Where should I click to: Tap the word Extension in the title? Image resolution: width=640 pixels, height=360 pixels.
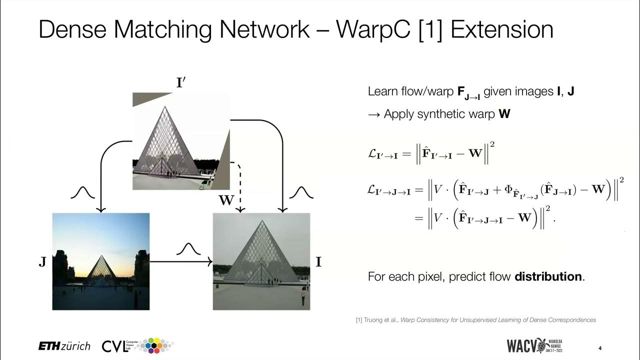click(501, 29)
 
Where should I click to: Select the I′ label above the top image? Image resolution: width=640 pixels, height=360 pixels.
click(181, 83)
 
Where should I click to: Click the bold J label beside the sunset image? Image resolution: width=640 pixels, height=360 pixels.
click(42, 262)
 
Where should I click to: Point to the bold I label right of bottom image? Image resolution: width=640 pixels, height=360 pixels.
click(318, 262)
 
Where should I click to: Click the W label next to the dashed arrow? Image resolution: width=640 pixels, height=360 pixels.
click(226, 201)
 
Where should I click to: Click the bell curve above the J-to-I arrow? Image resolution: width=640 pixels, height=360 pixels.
click(188, 248)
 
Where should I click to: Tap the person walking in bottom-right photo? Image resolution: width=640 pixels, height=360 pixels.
click(302, 298)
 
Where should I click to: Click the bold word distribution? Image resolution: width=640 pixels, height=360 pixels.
click(548, 276)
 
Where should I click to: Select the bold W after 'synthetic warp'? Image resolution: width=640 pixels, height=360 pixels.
click(504, 114)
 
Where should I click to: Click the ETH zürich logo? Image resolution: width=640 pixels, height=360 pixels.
click(64, 346)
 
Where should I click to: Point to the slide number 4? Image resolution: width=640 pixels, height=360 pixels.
click(599, 348)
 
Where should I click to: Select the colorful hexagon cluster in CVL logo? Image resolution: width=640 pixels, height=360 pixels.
click(157, 345)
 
